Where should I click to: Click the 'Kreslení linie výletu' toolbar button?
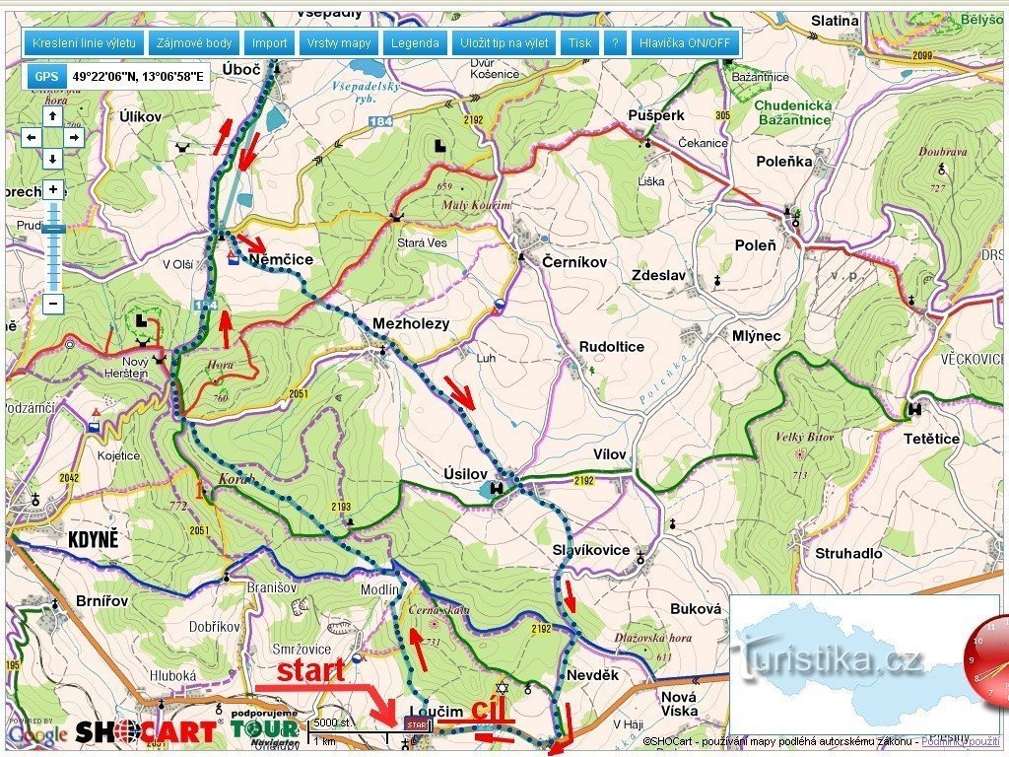84,43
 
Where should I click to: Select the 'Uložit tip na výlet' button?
504,43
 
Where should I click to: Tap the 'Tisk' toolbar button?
579,43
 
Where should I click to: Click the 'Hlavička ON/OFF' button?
685,43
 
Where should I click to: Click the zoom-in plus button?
53,189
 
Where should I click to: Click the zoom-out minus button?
53,304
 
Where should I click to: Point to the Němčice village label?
281,259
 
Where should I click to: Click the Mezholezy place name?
410,323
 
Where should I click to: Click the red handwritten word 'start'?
310,671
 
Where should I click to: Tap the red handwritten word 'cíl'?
489,710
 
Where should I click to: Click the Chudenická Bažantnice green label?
793,112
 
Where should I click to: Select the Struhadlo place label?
847,553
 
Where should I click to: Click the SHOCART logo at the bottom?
145,731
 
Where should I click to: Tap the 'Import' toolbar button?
269,43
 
